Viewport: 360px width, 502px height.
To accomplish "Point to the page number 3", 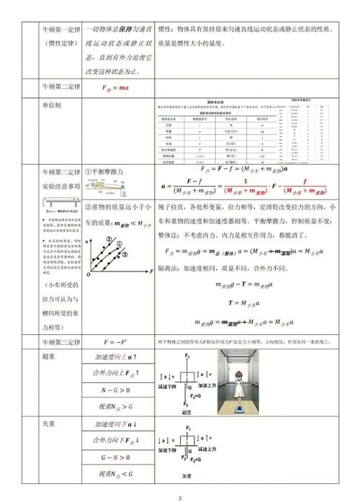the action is point(180,497).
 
